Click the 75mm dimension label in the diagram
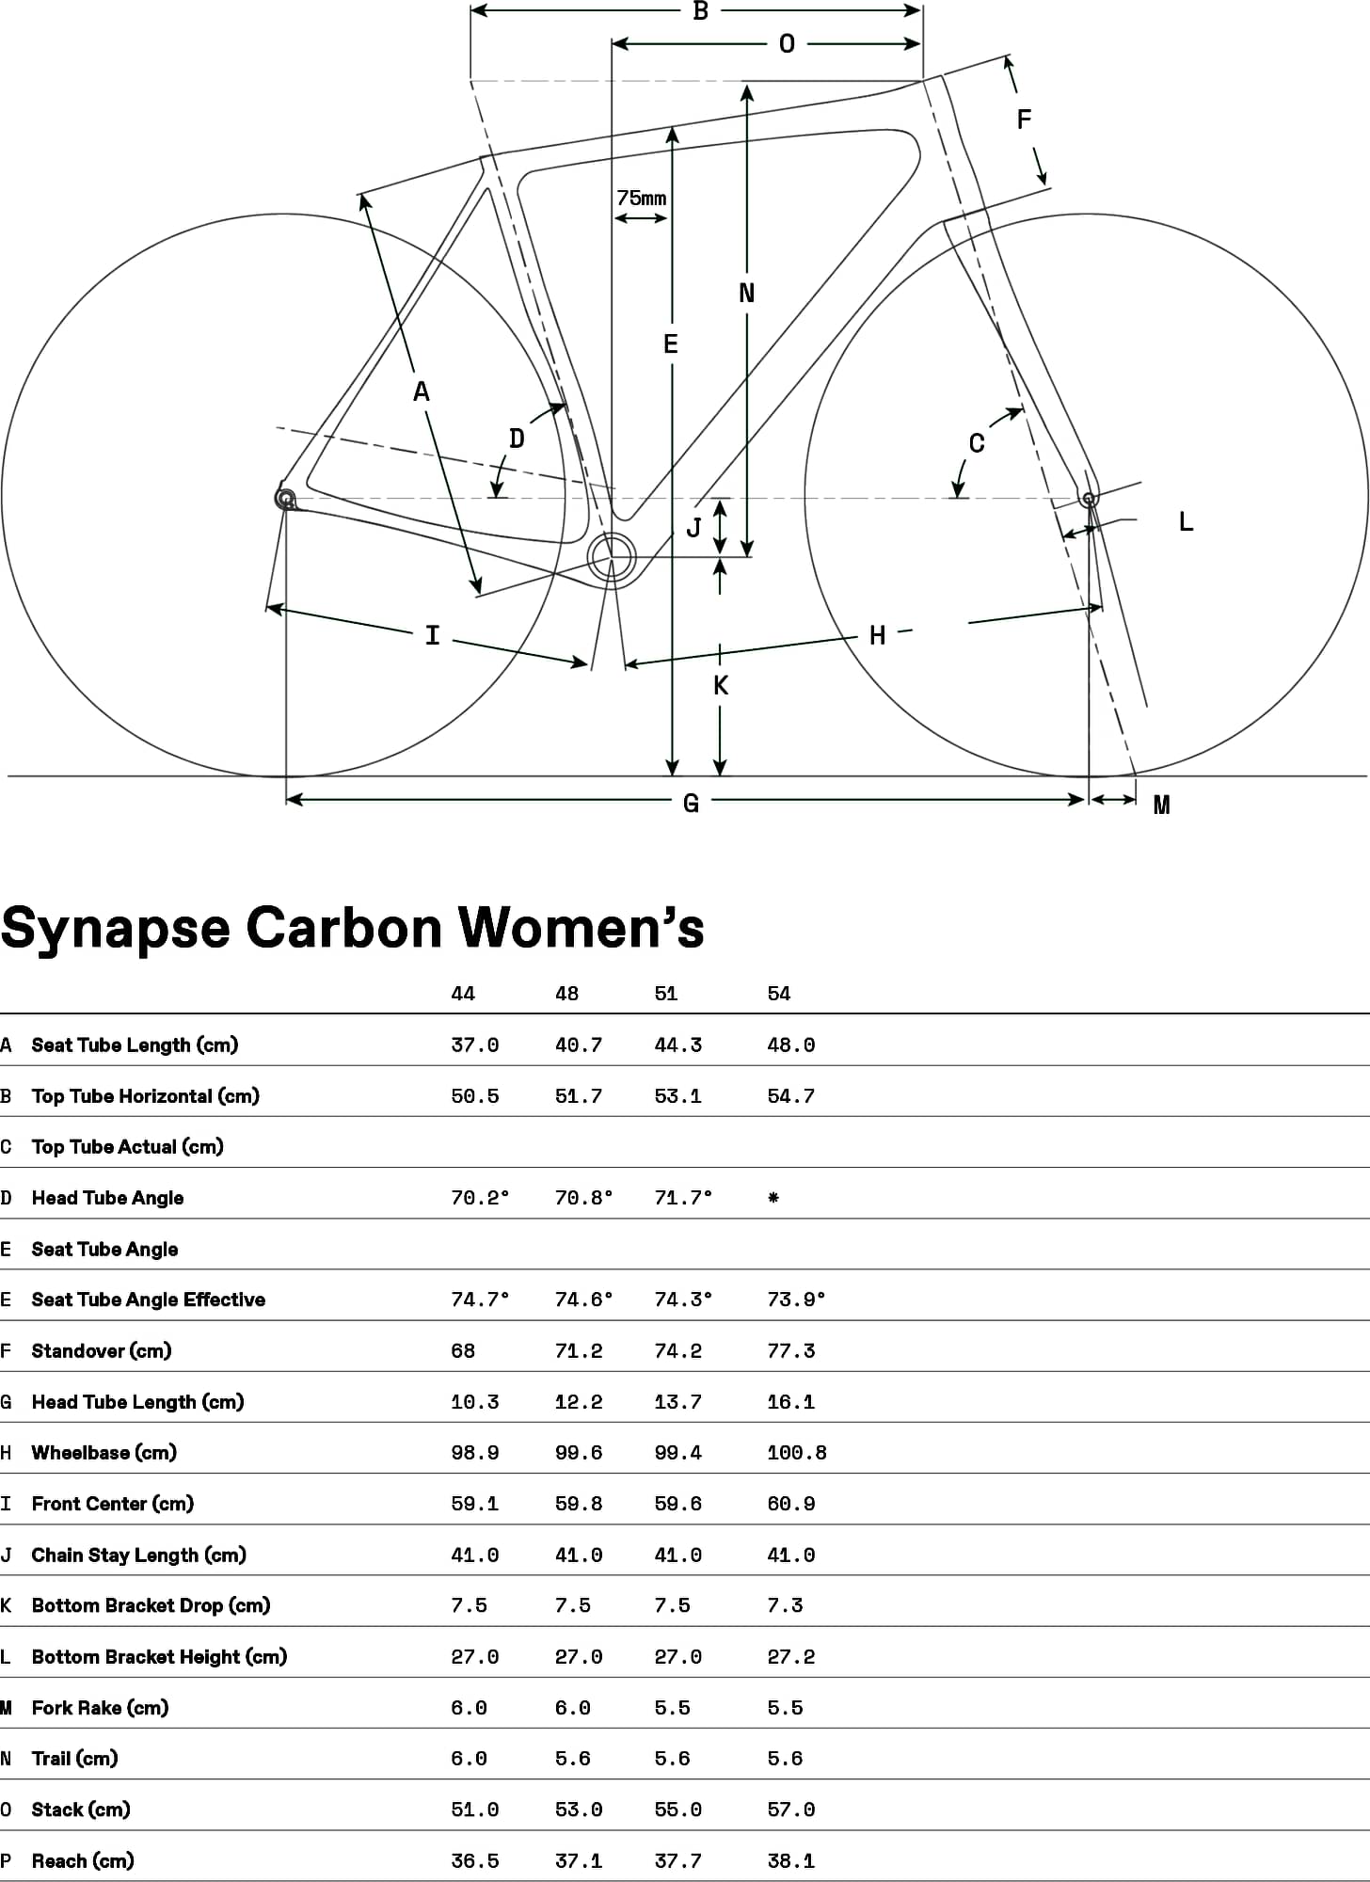[x=642, y=198]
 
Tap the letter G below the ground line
[x=691, y=803]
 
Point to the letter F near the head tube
[x=1024, y=119]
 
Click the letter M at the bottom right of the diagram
[x=1161, y=805]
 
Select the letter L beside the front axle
[x=1186, y=521]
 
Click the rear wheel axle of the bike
[x=285, y=497]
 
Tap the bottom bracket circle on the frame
[x=612, y=557]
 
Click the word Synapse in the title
[x=116, y=929]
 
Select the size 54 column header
[x=779, y=994]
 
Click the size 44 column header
[x=463, y=994]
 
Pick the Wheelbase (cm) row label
[x=104, y=1452]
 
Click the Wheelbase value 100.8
[x=797, y=1453]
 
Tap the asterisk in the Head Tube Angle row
[x=773, y=1198]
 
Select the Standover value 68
[x=463, y=1351]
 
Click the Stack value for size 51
[x=678, y=1810]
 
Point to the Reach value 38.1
[x=791, y=1860]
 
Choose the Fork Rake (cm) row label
[x=100, y=1707]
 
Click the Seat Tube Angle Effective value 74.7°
[x=480, y=1300]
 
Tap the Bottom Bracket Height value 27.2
[x=791, y=1656]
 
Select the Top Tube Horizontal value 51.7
[x=579, y=1096]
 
